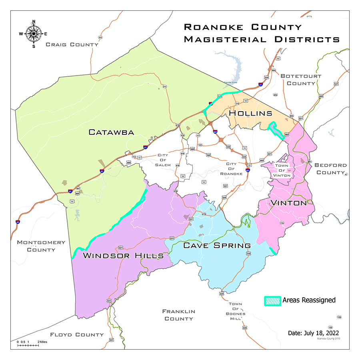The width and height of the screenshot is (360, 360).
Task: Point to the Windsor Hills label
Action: pos(123,255)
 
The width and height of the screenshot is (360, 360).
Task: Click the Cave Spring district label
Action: pos(217,245)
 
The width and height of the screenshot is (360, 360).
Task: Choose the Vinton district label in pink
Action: pos(288,203)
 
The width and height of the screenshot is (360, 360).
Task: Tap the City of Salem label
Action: pos(164,160)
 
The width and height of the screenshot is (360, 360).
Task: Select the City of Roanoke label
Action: pos(234,169)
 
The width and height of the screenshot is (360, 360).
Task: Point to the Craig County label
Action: pos(72,44)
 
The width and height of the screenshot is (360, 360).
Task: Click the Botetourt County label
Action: pos(298,80)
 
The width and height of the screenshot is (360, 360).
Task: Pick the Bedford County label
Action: pos(330,169)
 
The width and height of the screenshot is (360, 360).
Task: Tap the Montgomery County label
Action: pos(41,246)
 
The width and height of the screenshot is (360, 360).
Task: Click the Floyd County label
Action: pos(76,334)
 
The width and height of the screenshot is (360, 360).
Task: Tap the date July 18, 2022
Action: pos(314,333)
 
